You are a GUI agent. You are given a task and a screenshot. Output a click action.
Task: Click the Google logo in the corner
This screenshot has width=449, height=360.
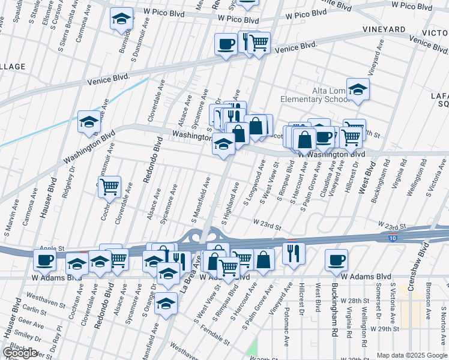(20, 353)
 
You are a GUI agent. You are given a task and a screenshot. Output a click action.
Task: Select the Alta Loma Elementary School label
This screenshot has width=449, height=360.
(314, 95)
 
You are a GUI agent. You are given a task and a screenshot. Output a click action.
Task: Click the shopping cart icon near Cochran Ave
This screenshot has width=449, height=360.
(109, 187)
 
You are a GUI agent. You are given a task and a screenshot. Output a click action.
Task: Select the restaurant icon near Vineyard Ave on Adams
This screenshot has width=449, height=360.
(293, 253)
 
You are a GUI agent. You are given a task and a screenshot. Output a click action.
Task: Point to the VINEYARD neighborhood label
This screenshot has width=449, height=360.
(384, 29)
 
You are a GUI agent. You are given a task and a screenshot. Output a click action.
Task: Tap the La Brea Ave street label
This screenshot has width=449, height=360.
(188, 270)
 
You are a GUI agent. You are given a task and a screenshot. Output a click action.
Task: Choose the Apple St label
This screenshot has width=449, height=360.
(52, 248)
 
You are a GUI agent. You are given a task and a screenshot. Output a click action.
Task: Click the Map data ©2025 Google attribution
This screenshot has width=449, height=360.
(411, 355)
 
